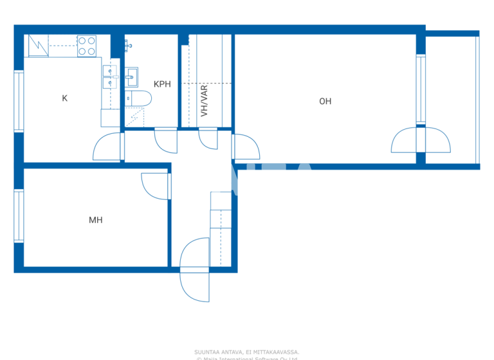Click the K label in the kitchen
tap(64, 98)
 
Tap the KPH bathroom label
tap(162, 84)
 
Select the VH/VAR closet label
tap(205, 101)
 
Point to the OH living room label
tap(325, 101)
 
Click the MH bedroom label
tap(95, 220)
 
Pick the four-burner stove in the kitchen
tap(87, 46)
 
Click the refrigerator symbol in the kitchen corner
tap(38, 46)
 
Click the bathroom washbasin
tap(133, 77)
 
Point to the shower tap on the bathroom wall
tap(128, 44)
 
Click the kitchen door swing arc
tap(107, 147)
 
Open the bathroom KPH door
tap(165, 140)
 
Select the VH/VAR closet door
tap(208, 139)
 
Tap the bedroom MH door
tap(156, 186)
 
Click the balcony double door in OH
tap(421, 140)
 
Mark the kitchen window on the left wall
tap(19, 101)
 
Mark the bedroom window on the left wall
tap(19, 215)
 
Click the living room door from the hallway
tap(246, 147)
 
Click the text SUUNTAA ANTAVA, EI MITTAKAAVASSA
tap(247, 352)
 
